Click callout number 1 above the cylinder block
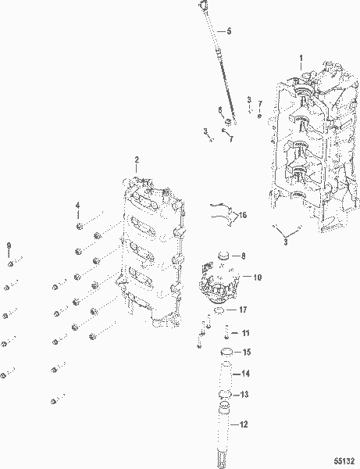(301, 58)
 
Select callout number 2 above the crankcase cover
(137, 159)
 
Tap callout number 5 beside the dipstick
(229, 30)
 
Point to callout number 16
(243, 215)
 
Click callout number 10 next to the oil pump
(257, 277)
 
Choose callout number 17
(243, 310)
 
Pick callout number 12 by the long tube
(244, 424)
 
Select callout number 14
(245, 374)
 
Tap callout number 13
(244, 395)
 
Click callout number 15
(247, 352)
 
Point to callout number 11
(245, 333)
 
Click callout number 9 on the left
(9, 245)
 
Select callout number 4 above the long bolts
(77, 205)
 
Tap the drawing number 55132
(344, 460)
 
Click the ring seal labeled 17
(219, 310)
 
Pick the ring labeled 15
(226, 352)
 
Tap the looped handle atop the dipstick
(203, 4)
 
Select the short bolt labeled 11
(226, 332)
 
